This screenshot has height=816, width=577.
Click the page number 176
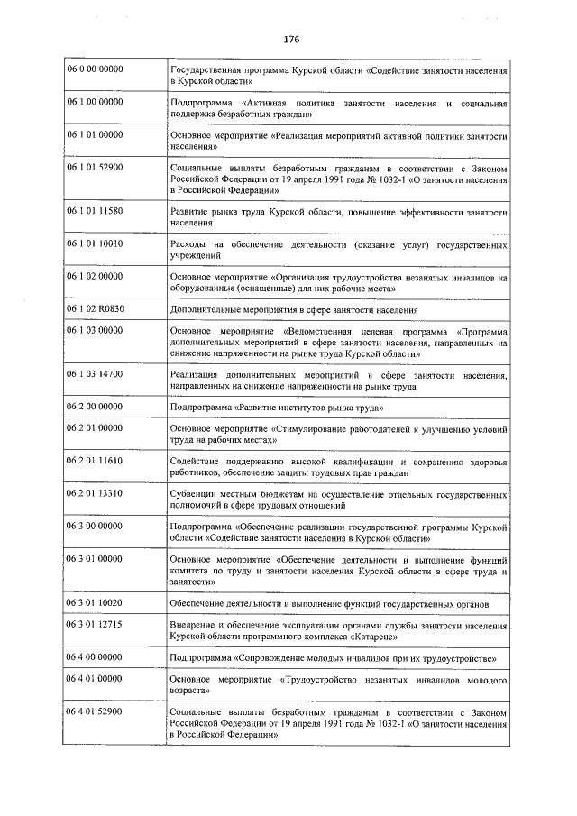(290, 40)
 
